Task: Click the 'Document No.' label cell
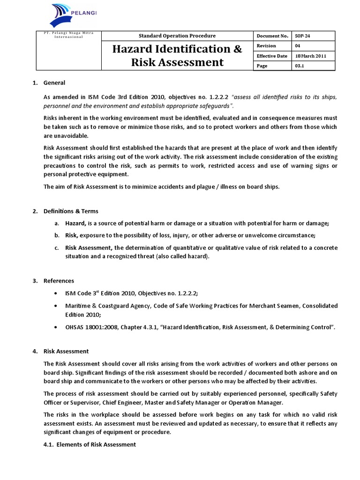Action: pos(271,36)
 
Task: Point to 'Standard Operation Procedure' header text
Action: pos(177,36)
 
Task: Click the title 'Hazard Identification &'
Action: pos(177,49)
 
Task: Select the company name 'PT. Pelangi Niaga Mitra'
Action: pos(60,33)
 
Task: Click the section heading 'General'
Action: pos(54,83)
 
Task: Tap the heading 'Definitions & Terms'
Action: pos(71,211)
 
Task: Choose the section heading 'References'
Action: pos(59,281)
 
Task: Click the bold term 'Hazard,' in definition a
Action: pos(76,223)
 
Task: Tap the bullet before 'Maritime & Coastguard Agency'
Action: pos(56,306)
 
